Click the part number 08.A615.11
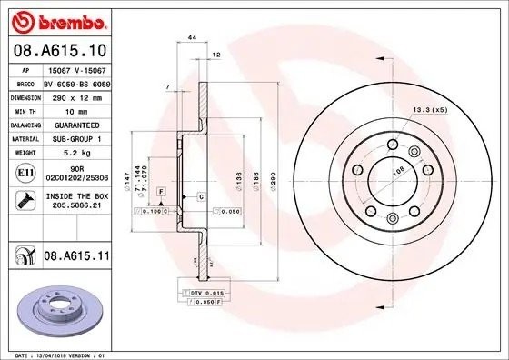(x=73, y=258)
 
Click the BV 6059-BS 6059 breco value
(x=76, y=81)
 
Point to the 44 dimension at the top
(x=192, y=36)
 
